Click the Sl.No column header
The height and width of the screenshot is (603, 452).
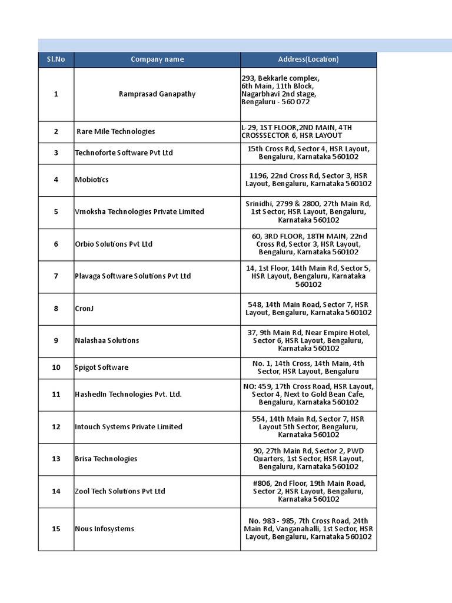pyautogui.click(x=56, y=59)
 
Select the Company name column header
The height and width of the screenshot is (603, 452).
pyautogui.click(x=157, y=59)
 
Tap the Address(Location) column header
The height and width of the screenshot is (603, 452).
pyautogui.click(x=308, y=59)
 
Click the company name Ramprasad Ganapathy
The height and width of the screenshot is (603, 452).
pyautogui.click(x=157, y=94)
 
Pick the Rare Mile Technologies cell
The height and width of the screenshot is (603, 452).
pyautogui.click(x=116, y=132)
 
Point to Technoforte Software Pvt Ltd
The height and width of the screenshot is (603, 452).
pyautogui.click(x=124, y=153)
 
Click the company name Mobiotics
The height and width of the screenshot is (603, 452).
pyautogui.click(x=92, y=180)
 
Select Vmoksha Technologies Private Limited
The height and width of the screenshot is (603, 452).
pyautogui.click(x=139, y=212)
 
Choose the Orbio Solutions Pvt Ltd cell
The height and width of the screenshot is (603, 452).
pyautogui.click(x=114, y=244)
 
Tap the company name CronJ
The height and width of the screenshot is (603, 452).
pyautogui.click(x=84, y=309)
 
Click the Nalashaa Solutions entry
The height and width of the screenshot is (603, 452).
pyautogui.click(x=107, y=341)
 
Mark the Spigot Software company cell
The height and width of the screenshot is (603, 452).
pyautogui.click(x=101, y=368)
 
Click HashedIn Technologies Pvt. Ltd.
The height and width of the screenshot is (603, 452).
pyautogui.click(x=128, y=395)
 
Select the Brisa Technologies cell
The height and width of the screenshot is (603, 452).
pyautogui.click(x=106, y=459)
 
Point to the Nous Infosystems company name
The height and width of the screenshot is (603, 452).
pyautogui.click(x=104, y=529)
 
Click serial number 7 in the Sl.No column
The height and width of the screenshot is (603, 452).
pyautogui.click(x=56, y=276)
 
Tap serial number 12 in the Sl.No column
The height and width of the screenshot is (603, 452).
pyautogui.click(x=56, y=427)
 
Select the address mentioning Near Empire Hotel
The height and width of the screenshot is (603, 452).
pyautogui.click(x=308, y=340)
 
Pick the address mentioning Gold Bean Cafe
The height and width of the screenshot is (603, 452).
pyautogui.click(x=308, y=395)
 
